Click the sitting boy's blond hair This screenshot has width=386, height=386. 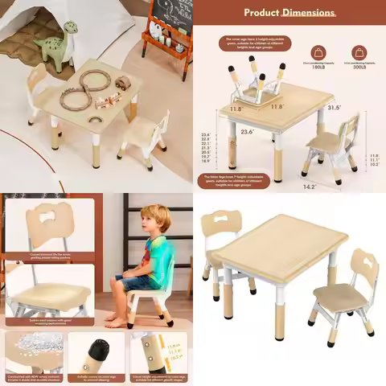[x=156, y=217]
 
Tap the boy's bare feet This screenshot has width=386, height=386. [x=117, y=322]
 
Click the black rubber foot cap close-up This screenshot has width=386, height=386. [x=96, y=354]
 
